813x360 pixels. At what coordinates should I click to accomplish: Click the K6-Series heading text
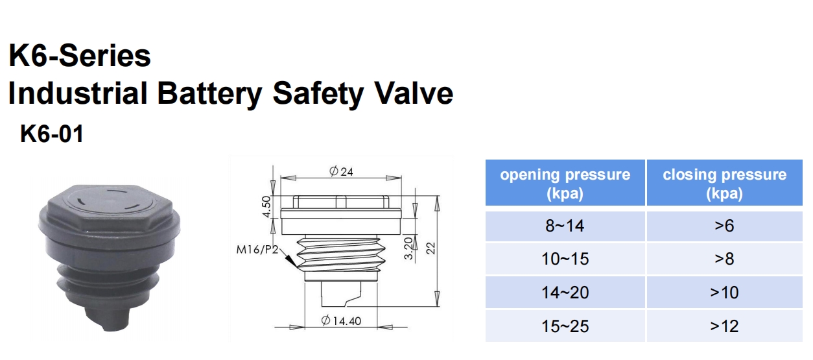[x=80, y=56]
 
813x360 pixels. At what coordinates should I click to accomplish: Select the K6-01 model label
[x=52, y=135]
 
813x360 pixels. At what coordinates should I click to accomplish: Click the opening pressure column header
[x=565, y=184]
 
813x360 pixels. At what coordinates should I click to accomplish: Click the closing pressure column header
[x=724, y=184]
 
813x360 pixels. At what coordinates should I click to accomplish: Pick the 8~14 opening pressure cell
[x=565, y=226]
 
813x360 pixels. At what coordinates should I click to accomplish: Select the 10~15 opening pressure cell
[x=565, y=259]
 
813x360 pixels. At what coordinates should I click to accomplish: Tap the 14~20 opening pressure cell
[x=565, y=293]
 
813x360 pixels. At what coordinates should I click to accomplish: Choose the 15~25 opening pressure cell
[x=565, y=326]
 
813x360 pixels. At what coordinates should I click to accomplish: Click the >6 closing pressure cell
[x=724, y=226]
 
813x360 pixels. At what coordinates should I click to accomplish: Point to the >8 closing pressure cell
[x=724, y=259]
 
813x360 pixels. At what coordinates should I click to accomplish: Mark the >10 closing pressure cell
[x=724, y=293]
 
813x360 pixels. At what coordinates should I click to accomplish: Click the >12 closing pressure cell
[x=724, y=326]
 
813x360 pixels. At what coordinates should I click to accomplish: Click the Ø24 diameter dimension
[x=341, y=172]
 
